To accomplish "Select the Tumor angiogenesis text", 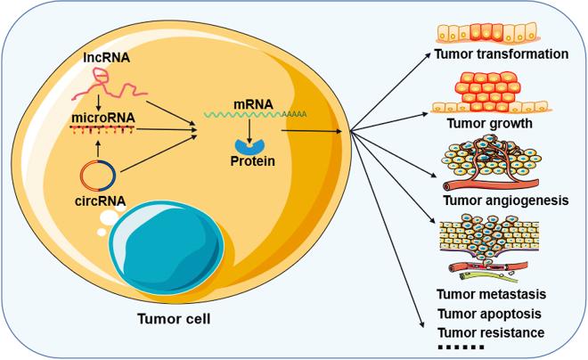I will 504,200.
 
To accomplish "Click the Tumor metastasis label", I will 491,294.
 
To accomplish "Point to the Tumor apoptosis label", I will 490,314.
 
